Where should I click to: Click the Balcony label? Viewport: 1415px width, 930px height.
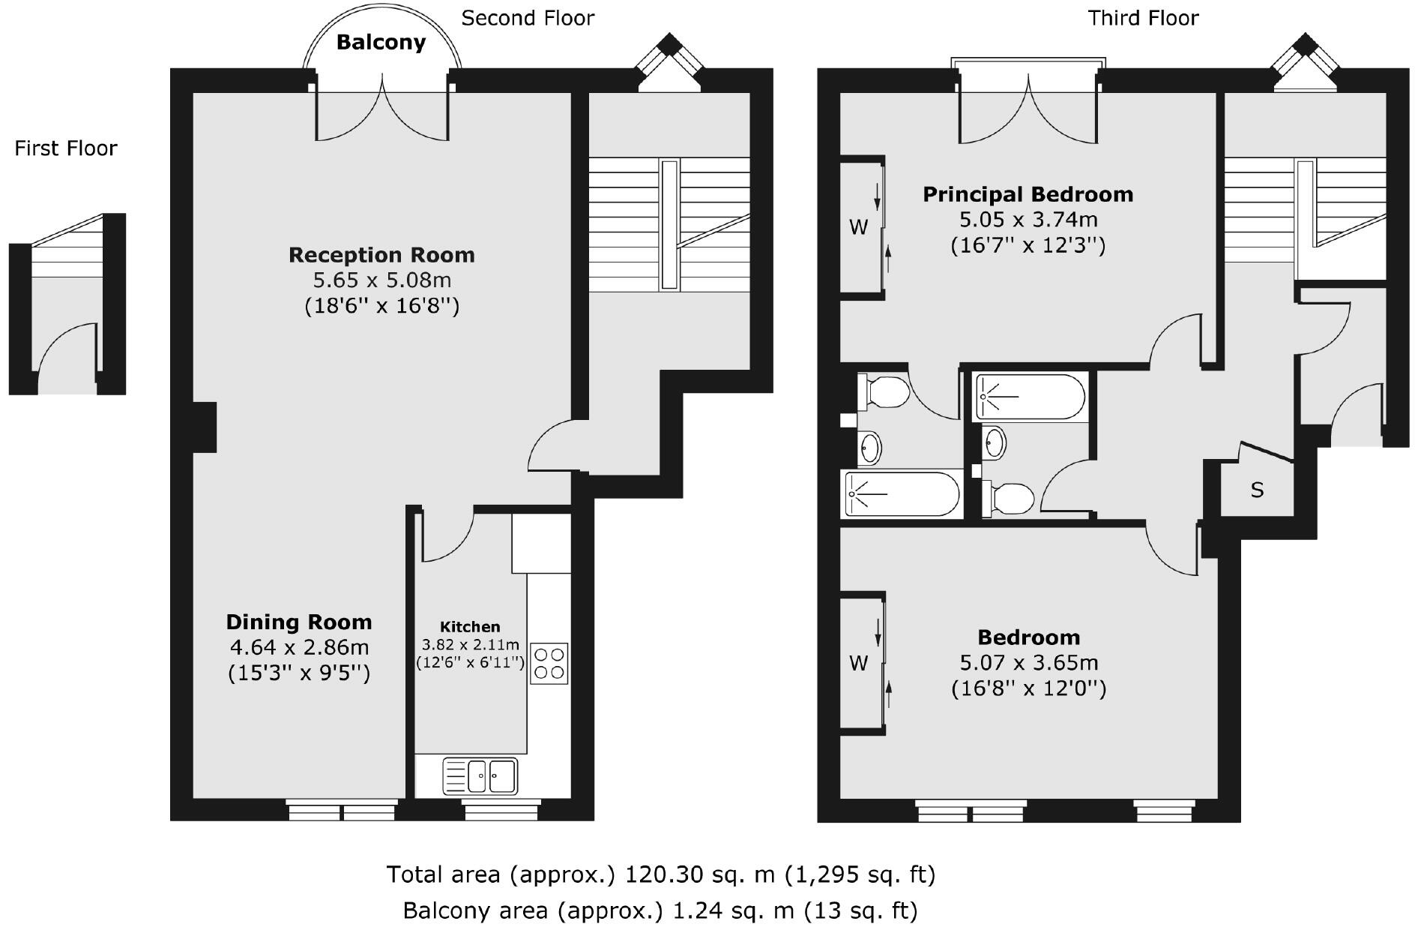381,43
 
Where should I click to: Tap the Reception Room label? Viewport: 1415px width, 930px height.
381,255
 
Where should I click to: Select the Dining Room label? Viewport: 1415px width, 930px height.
299,622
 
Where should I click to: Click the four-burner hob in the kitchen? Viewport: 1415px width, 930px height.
549,663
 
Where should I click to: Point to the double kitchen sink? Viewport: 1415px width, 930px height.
480,776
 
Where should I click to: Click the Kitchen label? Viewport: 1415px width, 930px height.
470,627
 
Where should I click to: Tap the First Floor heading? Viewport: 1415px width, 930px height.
66,148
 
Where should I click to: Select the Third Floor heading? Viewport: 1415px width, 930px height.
1143,18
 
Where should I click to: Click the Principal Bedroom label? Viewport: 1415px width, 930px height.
1028,195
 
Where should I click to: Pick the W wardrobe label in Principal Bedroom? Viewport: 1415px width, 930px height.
858,226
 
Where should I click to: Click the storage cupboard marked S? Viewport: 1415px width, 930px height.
1257,490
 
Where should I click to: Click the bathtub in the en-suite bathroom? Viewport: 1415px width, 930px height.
902,494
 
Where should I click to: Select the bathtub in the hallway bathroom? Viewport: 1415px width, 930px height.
1029,397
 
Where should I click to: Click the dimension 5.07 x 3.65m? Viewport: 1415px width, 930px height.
1029,663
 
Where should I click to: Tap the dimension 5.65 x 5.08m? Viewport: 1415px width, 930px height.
381,280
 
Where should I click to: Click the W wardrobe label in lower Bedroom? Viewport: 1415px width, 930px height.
858,663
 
